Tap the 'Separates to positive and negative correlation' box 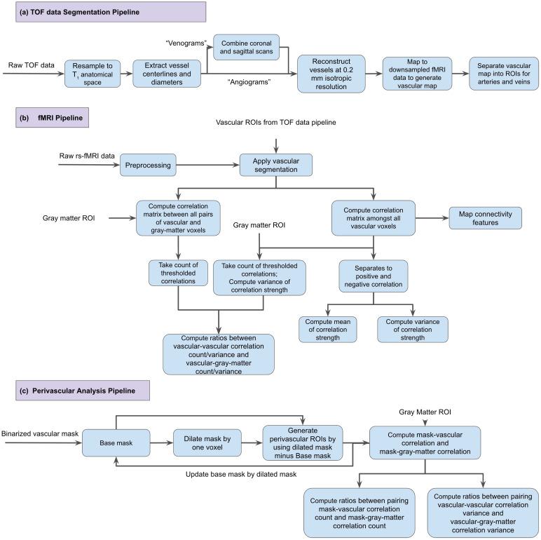point(374,274)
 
